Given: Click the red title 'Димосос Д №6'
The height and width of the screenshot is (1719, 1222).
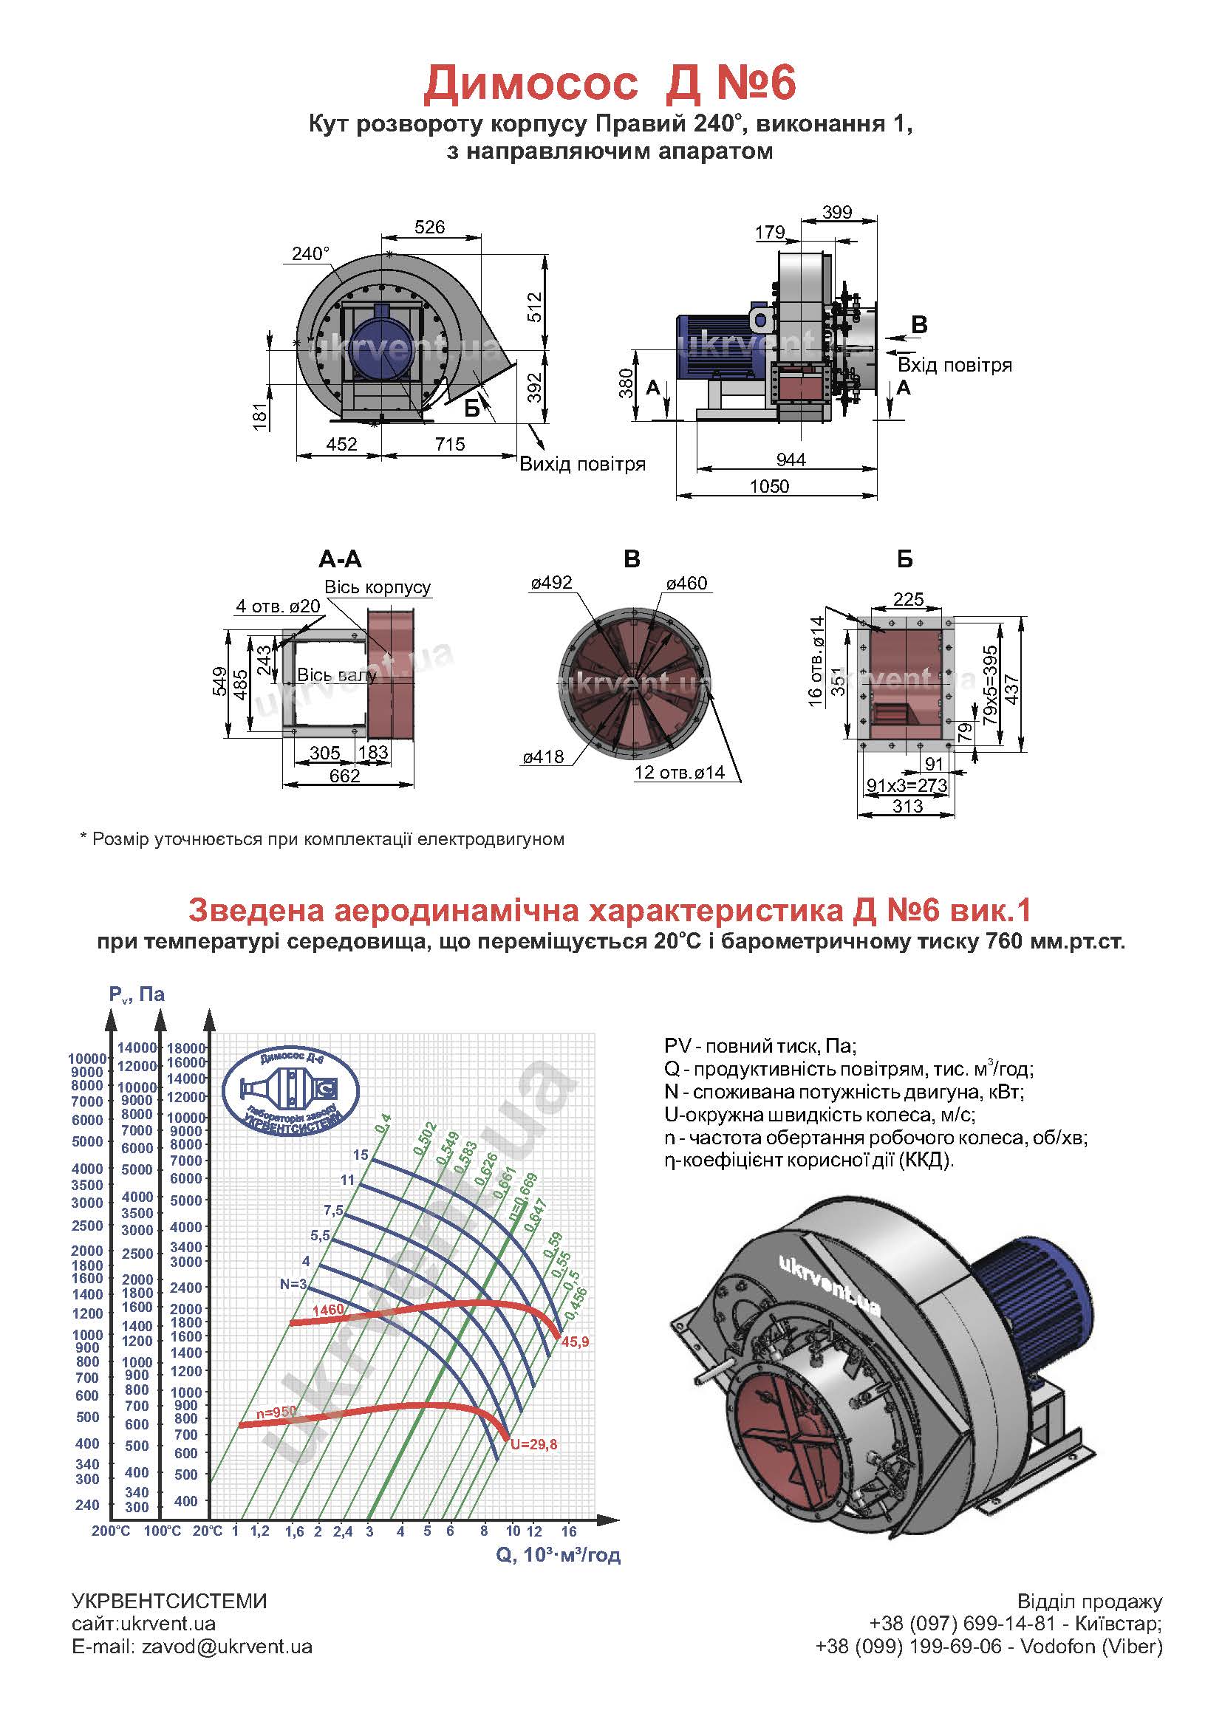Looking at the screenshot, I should pos(610,83).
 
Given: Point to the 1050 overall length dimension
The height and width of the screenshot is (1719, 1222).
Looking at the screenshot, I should pos(769,487).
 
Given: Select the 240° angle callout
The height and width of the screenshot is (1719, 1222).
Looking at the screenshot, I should pos(311,254).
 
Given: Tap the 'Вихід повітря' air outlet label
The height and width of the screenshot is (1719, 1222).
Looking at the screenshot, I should pos(582,464).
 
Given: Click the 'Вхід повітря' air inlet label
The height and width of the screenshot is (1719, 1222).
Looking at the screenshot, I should pos(954,366).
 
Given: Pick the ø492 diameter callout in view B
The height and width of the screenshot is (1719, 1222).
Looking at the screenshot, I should pos(551,583).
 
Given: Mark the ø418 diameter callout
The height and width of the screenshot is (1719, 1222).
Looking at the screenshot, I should pos(543,756).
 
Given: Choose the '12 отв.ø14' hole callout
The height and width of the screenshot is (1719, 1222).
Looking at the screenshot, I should pos(679,772).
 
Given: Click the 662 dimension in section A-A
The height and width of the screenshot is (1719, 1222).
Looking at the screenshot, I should pos(344,776).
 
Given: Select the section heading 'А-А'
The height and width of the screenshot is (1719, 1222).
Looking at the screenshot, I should pos(340,559).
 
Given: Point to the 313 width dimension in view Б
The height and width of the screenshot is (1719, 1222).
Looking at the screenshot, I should pos(907,807).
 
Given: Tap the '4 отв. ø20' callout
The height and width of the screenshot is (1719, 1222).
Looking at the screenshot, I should pos(278,606).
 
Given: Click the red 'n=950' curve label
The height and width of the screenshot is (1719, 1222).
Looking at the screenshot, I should pos(276,1413).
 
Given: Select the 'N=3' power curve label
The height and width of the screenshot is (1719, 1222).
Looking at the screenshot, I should pos(293,1284).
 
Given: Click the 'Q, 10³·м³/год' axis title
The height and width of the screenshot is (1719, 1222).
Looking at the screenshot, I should pos(558,1555).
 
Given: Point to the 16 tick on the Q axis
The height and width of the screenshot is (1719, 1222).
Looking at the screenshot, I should pos(568,1531).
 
